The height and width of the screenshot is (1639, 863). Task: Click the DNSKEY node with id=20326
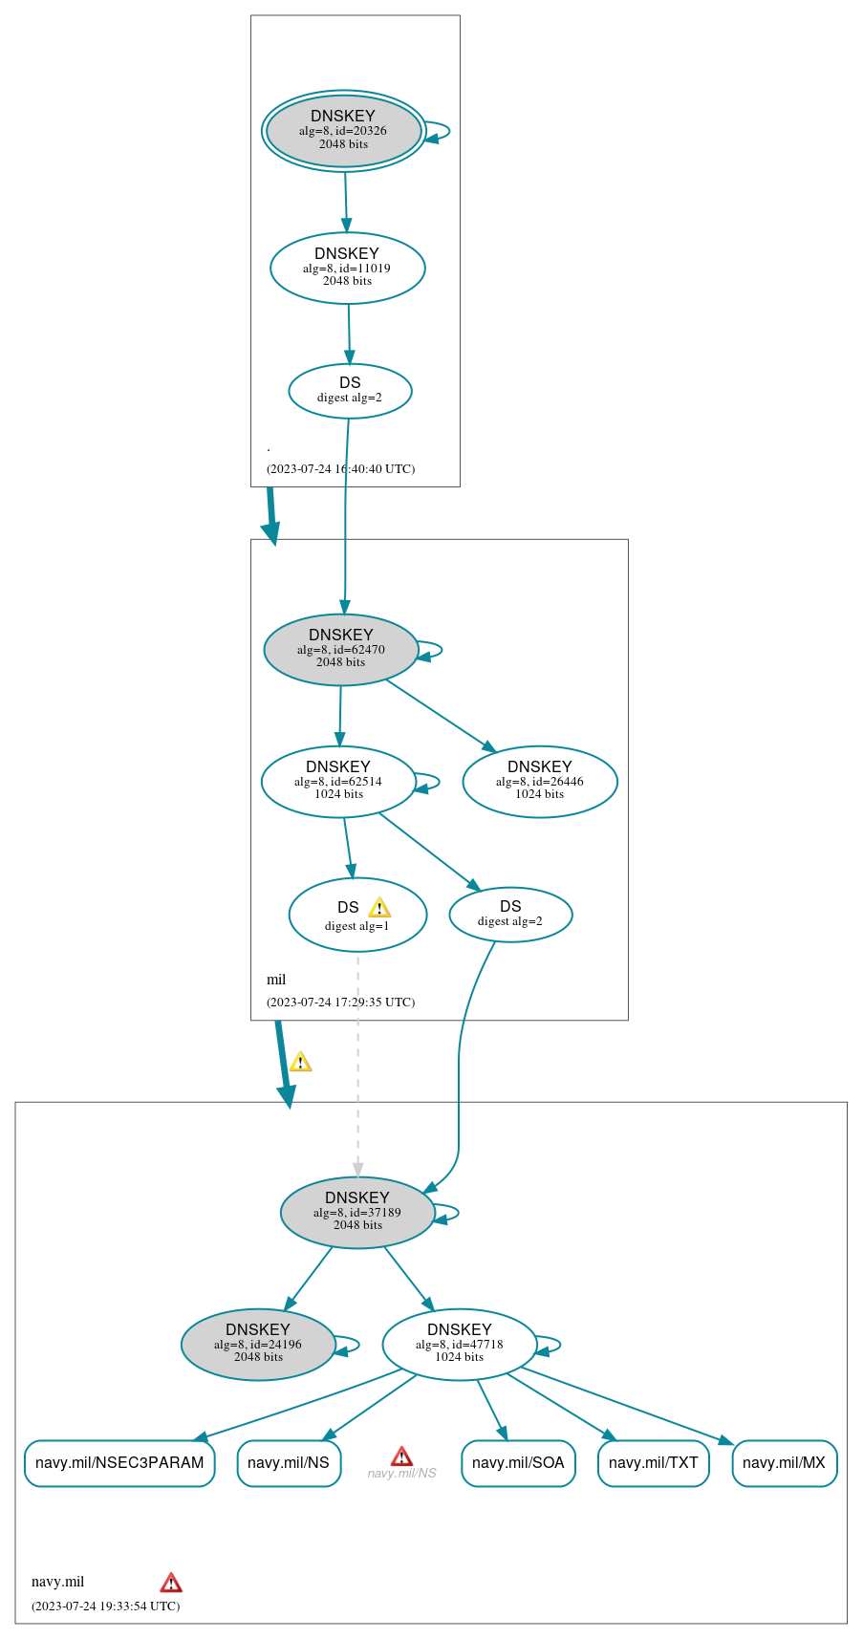344,131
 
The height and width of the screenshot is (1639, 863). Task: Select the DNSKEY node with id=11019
348,269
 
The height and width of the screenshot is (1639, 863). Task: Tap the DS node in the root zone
350,391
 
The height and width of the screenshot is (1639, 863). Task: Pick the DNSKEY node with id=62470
341,650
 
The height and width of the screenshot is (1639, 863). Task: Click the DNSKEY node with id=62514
338,782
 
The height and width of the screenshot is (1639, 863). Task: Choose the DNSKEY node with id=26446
540,782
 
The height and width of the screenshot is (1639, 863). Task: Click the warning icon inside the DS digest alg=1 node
379,908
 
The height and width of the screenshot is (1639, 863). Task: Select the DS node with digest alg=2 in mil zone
510,915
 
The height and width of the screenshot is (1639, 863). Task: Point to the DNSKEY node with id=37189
357,1212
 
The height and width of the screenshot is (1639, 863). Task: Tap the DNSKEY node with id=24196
258,1344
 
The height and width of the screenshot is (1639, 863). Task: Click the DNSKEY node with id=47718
460,1344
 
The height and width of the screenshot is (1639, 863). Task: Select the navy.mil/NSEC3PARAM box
119,1463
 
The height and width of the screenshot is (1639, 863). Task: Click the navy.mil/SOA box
518,1463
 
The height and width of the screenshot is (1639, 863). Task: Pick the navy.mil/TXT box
654,1463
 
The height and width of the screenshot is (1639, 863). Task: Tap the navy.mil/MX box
785,1463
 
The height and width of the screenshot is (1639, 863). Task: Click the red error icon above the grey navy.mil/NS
401,1456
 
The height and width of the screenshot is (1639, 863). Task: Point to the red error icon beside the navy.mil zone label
171,1583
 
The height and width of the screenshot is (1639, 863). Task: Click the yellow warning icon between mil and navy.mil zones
300,1062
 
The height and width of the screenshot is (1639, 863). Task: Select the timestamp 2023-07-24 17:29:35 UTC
340,1003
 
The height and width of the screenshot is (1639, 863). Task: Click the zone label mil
276,980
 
